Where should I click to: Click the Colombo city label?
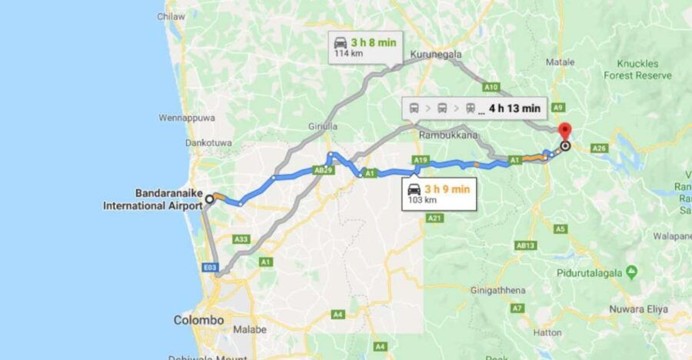tap(198, 319)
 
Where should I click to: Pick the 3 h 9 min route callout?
tap(440, 192)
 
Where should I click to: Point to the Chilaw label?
tap(171, 15)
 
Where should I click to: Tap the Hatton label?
tap(549, 334)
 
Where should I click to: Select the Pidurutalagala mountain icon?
tap(632, 271)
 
